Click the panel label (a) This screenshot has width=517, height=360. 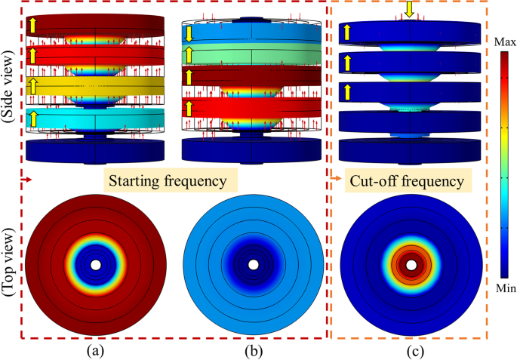click(94, 350)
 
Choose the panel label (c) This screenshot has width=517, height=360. click(411, 350)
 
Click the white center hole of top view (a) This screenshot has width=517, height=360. click(95, 265)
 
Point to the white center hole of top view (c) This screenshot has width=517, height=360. click(411, 265)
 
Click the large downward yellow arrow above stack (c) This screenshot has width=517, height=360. click(410, 9)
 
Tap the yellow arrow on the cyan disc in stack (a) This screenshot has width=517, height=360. click(34, 118)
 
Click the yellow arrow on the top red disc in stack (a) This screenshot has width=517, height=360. click(33, 26)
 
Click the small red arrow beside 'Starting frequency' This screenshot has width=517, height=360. click(27, 181)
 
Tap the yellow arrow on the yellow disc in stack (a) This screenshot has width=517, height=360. click(33, 85)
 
